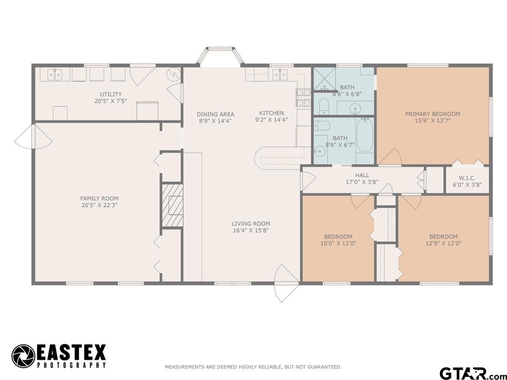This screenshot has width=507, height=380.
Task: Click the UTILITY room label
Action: [111, 94]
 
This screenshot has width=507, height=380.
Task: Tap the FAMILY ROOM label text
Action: [99, 198]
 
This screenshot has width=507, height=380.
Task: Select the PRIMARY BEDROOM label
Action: [433, 114]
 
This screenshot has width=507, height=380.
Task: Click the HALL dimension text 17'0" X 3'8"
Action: [362, 182]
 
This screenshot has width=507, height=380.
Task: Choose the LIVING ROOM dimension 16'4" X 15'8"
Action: [251, 231]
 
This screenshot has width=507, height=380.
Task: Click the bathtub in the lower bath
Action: [365, 135]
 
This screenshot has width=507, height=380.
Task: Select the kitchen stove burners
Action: [303, 98]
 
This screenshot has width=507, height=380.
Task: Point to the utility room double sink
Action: [54, 75]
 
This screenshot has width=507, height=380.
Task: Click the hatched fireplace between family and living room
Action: [172, 205]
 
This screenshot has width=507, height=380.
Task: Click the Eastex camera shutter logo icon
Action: [23, 356]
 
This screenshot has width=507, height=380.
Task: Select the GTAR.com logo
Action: [469, 373]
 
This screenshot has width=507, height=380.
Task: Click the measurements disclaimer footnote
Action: [253, 367]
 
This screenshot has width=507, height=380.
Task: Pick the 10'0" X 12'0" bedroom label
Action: [338, 240]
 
